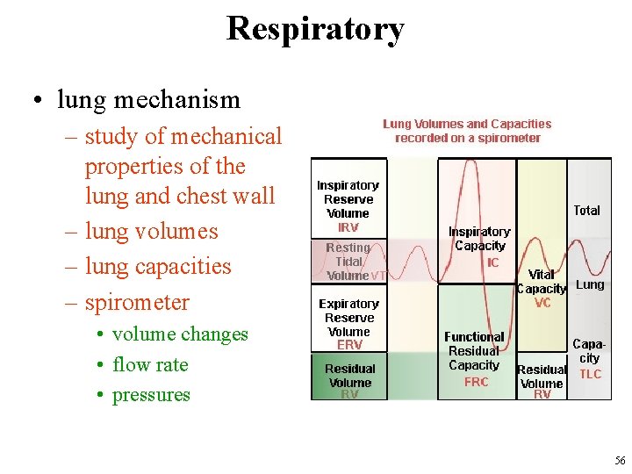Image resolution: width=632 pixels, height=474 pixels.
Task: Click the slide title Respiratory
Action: [x=315, y=28]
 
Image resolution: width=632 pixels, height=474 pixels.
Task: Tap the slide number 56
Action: [x=620, y=461]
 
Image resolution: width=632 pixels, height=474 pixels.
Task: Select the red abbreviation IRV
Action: [x=348, y=227]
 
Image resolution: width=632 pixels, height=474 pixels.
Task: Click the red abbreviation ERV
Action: [x=349, y=346]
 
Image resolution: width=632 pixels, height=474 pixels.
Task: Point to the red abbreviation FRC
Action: [x=476, y=382]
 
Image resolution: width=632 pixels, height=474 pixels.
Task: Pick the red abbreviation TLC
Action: [x=591, y=374]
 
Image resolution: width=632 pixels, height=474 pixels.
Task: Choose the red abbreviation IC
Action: [x=492, y=262]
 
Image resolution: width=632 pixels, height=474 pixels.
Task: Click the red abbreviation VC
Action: [x=542, y=303]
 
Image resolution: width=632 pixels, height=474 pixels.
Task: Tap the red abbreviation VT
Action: [x=378, y=276]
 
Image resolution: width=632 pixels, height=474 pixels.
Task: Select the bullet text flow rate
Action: [x=150, y=364]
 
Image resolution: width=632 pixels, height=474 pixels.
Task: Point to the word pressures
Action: [x=151, y=395]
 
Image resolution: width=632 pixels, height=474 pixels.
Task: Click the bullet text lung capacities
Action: [x=158, y=266]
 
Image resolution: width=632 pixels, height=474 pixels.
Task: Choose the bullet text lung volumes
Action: [x=151, y=231]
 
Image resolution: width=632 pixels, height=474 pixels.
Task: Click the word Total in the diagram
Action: [x=586, y=211]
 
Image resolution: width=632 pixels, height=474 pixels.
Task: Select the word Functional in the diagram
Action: [x=474, y=337]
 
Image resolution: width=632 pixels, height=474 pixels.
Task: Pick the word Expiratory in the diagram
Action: [x=348, y=304]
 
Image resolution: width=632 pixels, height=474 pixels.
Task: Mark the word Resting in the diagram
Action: [x=348, y=248]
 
